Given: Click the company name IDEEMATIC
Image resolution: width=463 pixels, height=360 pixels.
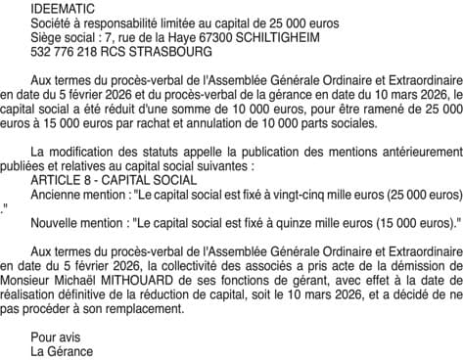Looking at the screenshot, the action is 64,7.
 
